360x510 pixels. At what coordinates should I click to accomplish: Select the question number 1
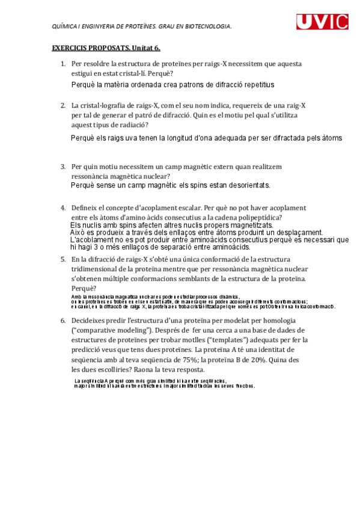(63, 64)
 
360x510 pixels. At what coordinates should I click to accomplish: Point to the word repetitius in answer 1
(258, 85)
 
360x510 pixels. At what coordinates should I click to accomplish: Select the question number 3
(63, 166)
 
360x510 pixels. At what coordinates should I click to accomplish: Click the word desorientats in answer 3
(248, 185)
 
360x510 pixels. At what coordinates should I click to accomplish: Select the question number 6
(63, 321)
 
